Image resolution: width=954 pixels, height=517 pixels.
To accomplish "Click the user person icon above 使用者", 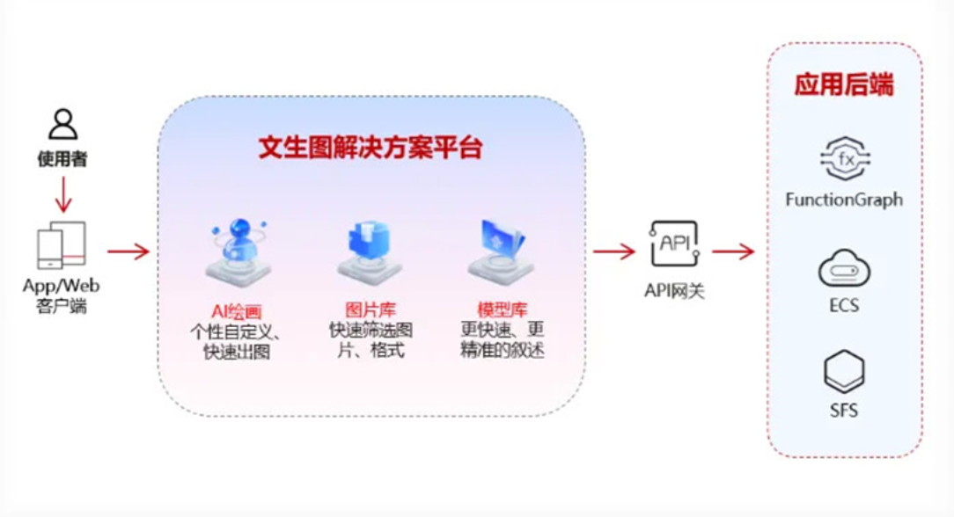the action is tap(63, 125).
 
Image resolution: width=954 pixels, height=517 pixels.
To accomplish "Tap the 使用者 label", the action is tap(62, 159).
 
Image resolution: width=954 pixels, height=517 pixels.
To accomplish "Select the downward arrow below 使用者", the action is tap(63, 194).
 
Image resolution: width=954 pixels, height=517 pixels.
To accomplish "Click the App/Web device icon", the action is tap(62, 245).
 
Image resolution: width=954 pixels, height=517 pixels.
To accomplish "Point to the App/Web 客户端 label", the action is tap(62, 295).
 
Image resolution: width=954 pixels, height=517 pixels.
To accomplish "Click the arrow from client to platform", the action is tap(128, 251).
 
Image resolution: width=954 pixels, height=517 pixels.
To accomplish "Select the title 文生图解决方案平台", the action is tap(371, 148).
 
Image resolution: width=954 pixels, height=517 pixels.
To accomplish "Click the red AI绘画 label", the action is tap(237, 311).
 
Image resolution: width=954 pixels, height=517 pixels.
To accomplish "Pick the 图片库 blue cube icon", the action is tap(370, 252).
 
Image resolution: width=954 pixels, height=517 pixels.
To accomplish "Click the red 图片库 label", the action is tap(371, 309).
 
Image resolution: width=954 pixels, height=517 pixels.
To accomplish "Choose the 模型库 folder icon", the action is tap(502, 251).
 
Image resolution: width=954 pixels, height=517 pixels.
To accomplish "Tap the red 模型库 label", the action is tap(502, 309).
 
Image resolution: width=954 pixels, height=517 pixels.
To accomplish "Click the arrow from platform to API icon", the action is tap(614, 251).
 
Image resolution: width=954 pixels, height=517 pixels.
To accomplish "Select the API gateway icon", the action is tap(675, 244).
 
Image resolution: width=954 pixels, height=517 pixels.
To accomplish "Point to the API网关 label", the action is tap(674, 291).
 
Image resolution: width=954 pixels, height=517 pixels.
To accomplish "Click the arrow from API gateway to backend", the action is tap(733, 251).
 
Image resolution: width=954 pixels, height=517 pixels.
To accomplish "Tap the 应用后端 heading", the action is tap(844, 84).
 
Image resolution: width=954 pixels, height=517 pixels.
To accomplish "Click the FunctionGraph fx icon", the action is tap(845, 158).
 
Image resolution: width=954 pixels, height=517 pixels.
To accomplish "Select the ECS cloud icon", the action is tap(845, 268).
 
